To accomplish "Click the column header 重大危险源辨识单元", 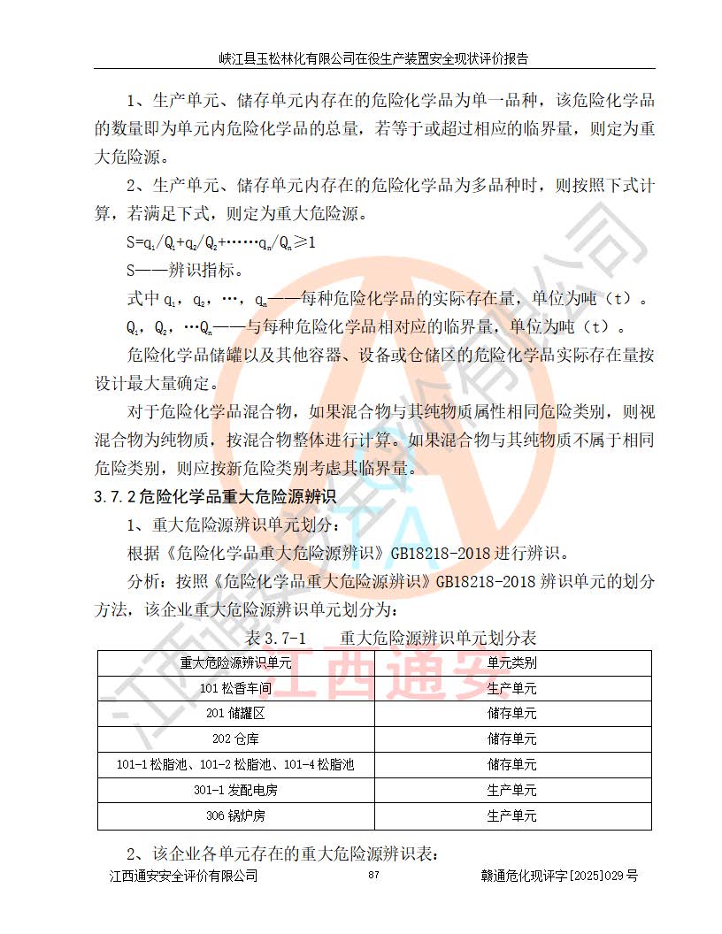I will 235,662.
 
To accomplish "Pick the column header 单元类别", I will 511,662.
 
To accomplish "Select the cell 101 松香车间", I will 235,688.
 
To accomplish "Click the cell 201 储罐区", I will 235,714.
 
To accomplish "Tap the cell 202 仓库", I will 235,739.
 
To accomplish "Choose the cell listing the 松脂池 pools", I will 235,764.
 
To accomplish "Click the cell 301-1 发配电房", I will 235,790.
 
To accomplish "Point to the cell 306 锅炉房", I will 235,815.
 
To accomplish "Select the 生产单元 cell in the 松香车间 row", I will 511,688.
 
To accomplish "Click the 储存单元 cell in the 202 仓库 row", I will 511,739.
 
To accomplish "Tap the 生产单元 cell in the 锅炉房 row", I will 511,815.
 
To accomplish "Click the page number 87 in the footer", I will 373,876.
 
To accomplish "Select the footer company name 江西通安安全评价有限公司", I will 183,876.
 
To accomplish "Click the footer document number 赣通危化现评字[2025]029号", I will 558,876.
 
